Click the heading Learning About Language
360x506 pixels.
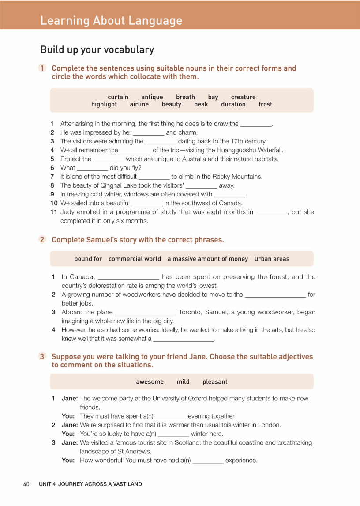[111, 20]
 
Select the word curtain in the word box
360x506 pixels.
[118, 97]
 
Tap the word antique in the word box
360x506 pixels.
[152, 97]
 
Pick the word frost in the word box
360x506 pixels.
[265, 104]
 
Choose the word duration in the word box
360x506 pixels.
[233, 104]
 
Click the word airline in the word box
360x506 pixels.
[139, 104]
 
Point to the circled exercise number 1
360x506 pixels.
[42, 68]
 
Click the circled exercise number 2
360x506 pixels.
[42, 239]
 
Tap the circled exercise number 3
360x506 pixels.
[42, 356]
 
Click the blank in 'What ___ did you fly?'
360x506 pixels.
[92, 168]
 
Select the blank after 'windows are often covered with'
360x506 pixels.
[229, 195]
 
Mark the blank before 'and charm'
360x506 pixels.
[149, 133]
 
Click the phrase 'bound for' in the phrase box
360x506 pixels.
[88, 259]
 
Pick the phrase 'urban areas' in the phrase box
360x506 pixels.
[272, 259]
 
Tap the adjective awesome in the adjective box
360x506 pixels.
[150, 381]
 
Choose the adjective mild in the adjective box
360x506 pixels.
[183, 381]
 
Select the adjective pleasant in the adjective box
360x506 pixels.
[215, 381]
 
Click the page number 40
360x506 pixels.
[26, 484]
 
